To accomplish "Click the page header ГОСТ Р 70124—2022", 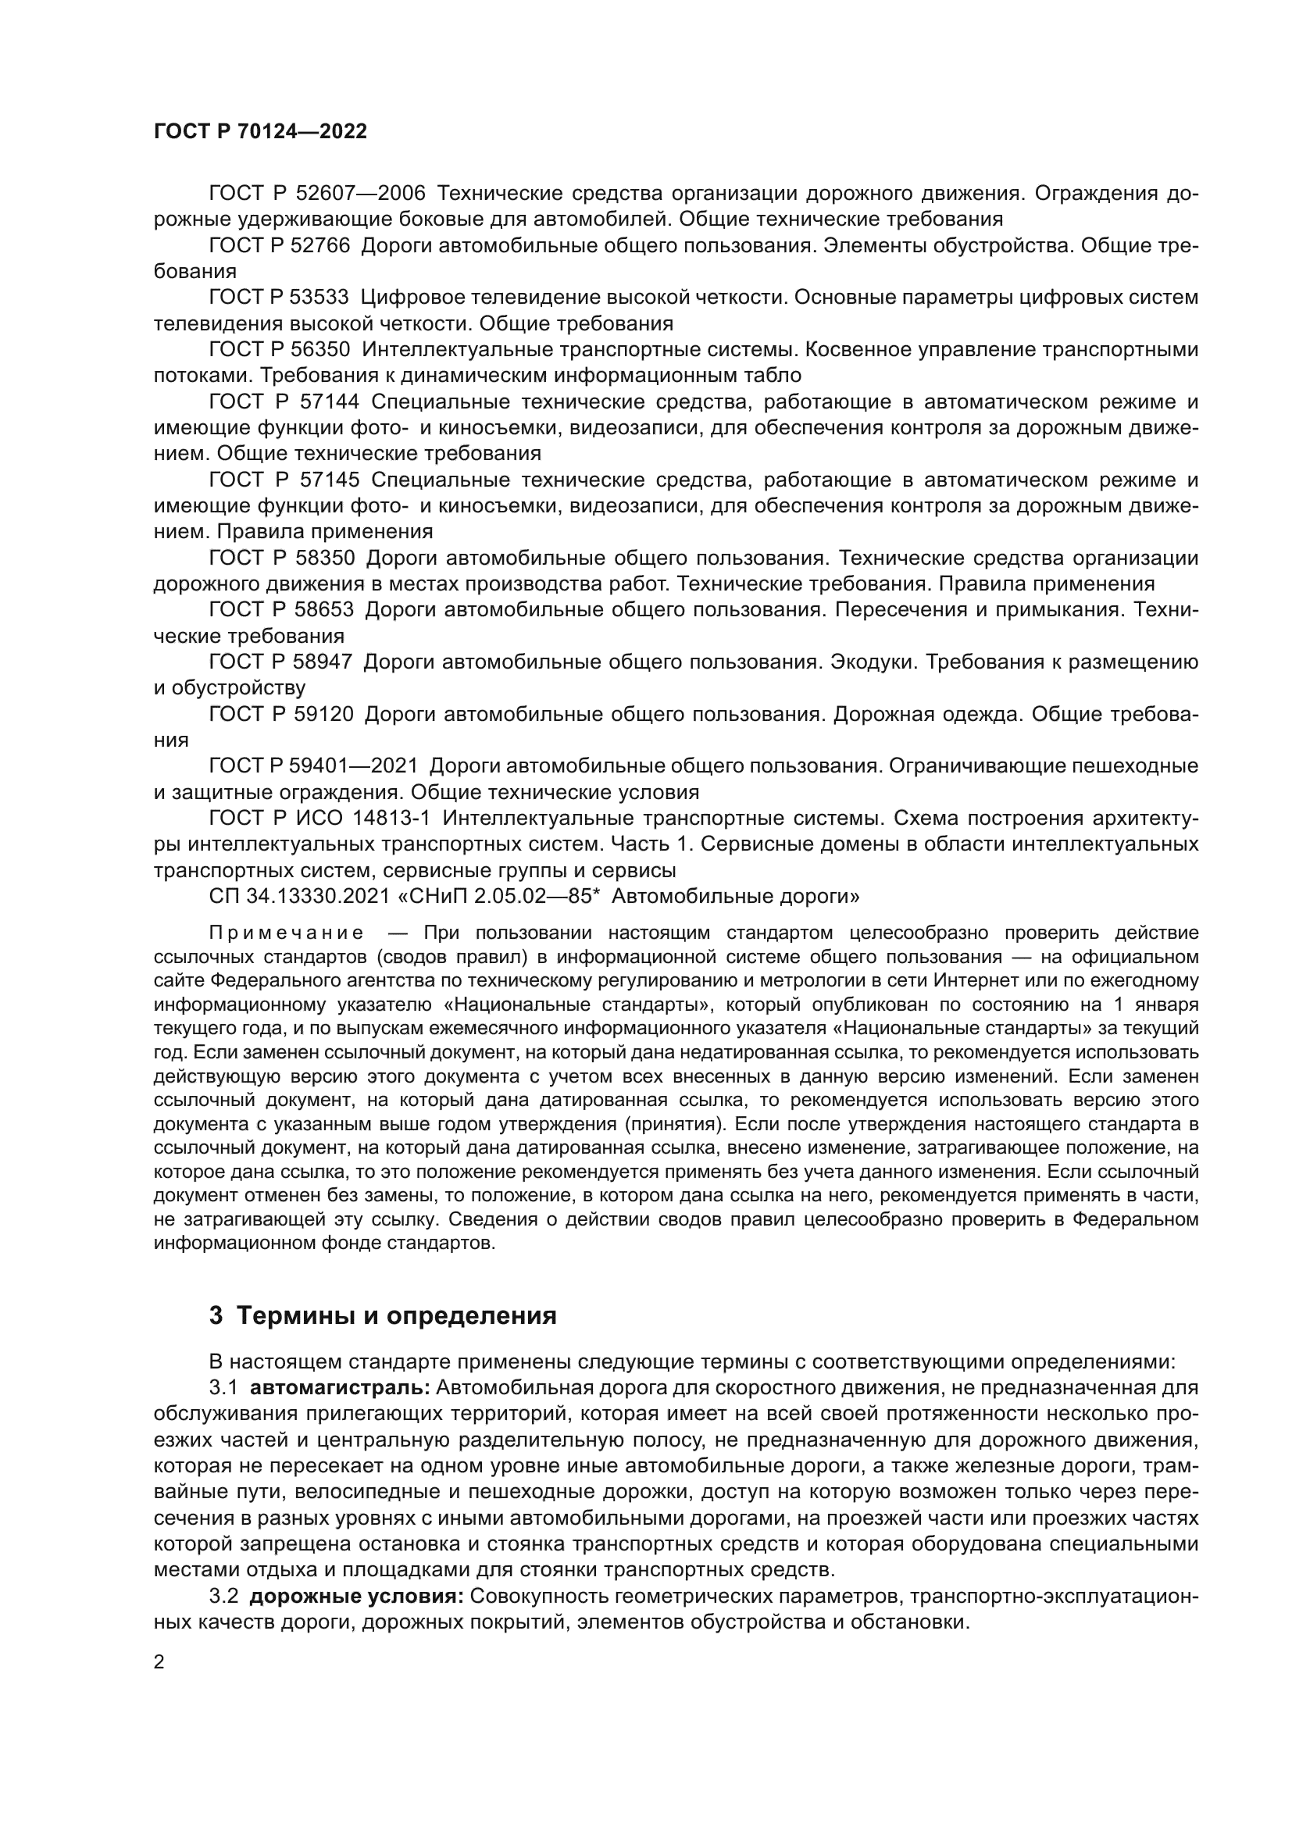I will (260, 132).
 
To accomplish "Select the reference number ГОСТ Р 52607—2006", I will (316, 194).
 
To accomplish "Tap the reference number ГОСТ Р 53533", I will (278, 298).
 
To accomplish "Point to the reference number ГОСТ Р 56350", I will (278, 349).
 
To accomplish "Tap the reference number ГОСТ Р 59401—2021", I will (312, 766).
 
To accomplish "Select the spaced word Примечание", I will (287, 933).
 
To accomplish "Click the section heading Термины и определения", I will (396, 1315).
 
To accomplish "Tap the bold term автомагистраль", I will (341, 1389).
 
